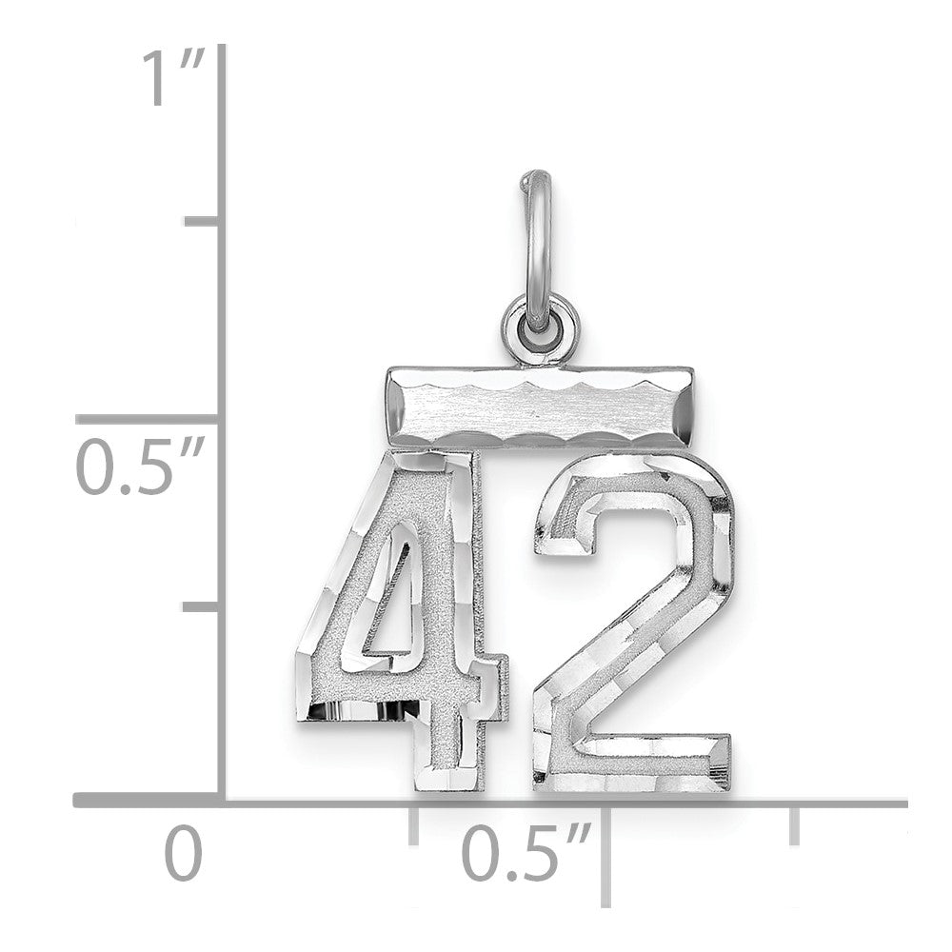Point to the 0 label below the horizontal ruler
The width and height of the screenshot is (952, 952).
[x=184, y=854]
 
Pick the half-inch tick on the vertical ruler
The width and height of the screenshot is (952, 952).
[x=152, y=419]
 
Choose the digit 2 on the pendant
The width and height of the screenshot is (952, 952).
[x=633, y=619]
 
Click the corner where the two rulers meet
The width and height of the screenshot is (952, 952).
[x=223, y=803]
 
